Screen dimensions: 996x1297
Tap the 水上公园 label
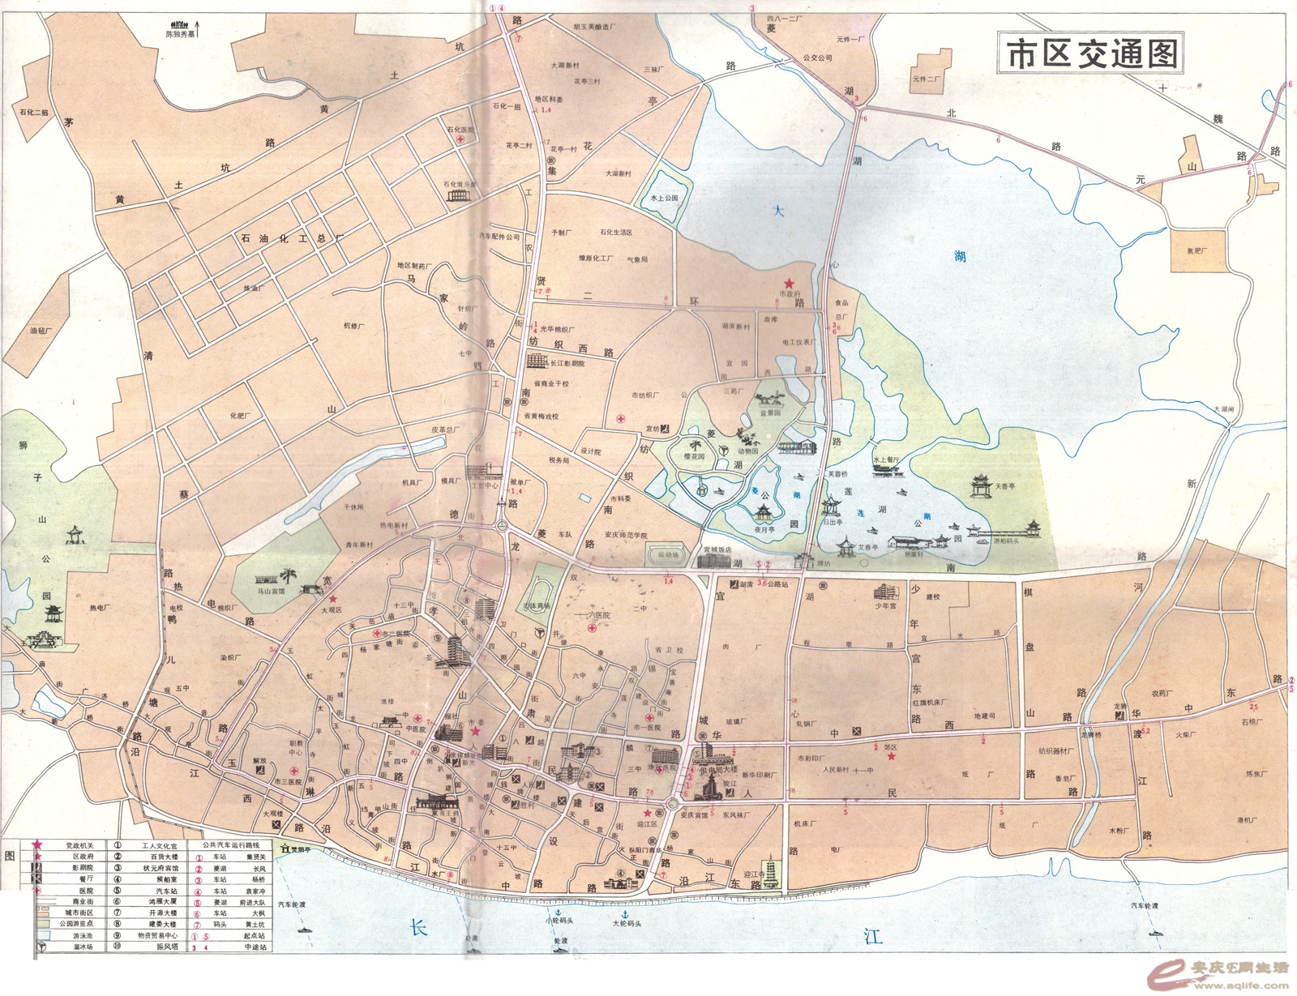[x=664, y=198]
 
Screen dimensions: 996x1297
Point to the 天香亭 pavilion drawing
[x=981, y=485]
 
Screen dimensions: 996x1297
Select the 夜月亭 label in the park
[x=764, y=529]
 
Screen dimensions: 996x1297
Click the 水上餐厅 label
[x=886, y=460]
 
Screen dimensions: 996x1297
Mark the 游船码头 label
[x=1006, y=541]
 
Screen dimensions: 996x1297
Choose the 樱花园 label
[x=694, y=456]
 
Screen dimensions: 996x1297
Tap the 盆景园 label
[x=770, y=413]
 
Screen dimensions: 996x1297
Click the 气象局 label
[x=637, y=259]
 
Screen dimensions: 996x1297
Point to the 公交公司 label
[x=817, y=58]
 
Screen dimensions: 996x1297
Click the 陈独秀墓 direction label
[x=180, y=35]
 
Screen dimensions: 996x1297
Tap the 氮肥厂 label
[x=1196, y=250]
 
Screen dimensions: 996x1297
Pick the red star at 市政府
[x=788, y=283]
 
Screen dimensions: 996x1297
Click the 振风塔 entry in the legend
[x=167, y=947]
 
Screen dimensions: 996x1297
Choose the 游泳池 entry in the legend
[x=83, y=935]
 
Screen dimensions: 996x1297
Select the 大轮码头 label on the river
[x=626, y=923]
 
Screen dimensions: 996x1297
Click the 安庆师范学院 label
[x=625, y=535]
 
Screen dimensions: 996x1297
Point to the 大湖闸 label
[x=1222, y=409]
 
